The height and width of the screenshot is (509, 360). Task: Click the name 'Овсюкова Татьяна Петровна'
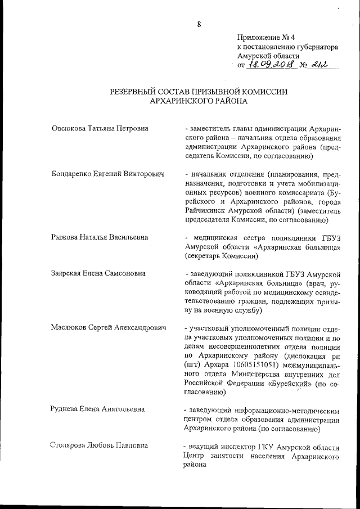pyautogui.click(x=100, y=129)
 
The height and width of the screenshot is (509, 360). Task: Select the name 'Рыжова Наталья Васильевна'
pyautogui.click(x=100, y=238)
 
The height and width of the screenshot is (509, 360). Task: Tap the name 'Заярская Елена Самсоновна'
pyautogui.click(x=98, y=274)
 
